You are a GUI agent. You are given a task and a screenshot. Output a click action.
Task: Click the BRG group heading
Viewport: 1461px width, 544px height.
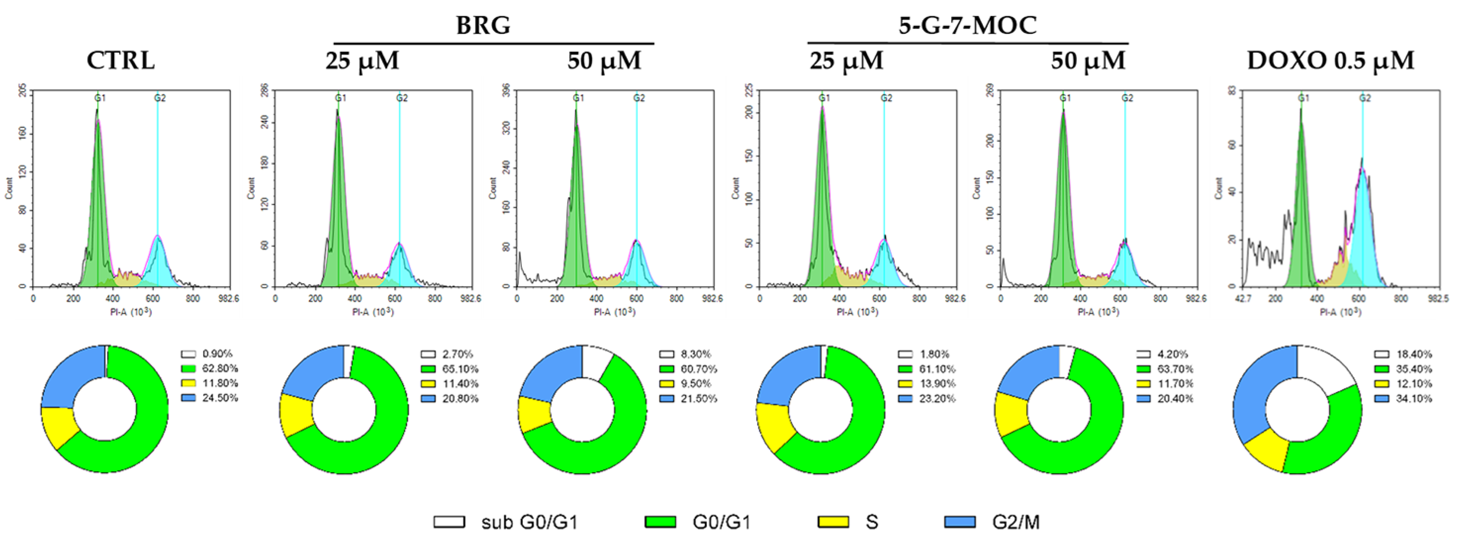(x=483, y=25)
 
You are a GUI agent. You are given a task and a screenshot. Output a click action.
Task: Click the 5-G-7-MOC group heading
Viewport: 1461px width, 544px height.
(x=968, y=25)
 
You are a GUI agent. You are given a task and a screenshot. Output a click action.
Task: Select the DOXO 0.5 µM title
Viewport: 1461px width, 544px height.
(x=1330, y=60)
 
